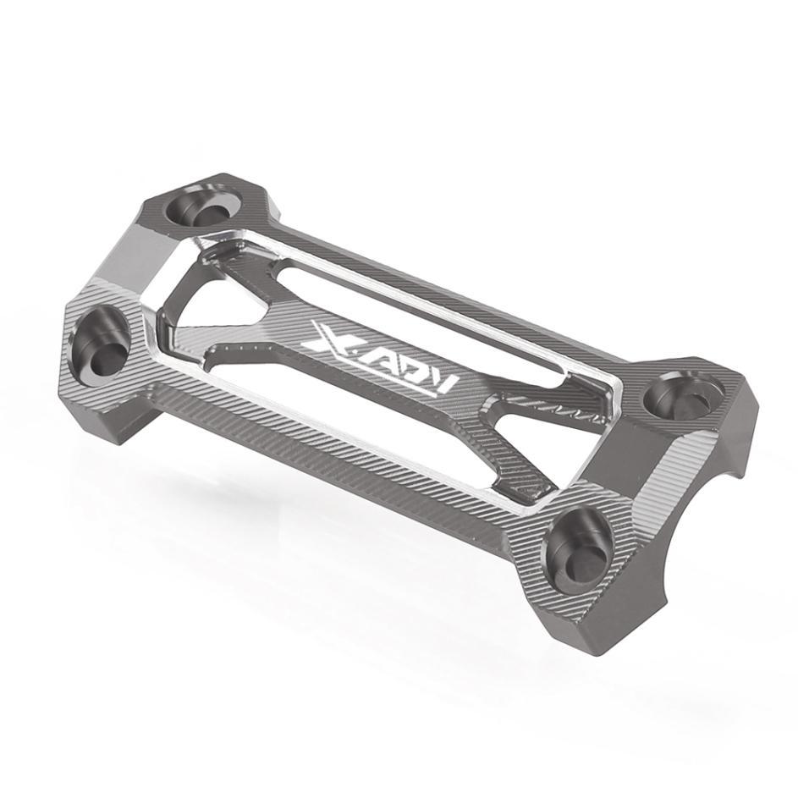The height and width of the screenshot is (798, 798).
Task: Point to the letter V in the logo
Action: tap(440, 384)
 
